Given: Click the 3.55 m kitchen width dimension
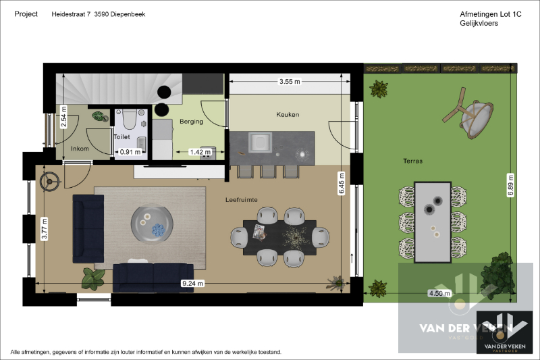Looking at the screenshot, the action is tap(290, 82).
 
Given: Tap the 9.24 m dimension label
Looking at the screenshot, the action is tap(193, 284).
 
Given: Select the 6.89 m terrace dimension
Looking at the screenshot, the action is tap(510, 185).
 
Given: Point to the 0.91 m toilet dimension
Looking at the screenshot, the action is tap(130, 151).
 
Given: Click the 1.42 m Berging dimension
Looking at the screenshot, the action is tap(200, 152).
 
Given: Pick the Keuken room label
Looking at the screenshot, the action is tap(288, 114).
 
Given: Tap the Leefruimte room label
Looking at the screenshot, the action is tap(242, 200).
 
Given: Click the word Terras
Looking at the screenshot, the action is tap(412, 161).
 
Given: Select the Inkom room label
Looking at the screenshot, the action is tap(80, 149).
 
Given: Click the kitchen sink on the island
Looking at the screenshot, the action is tap(260, 142).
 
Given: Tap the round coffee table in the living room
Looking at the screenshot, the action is tap(152, 224).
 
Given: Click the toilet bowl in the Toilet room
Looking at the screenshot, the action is tap(130, 118).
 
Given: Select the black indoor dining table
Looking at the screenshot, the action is tap(279, 238).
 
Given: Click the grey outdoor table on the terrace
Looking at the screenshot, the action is tap(433, 222).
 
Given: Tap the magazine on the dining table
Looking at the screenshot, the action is tap(259, 232).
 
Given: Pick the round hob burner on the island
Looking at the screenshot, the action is tap(302, 155).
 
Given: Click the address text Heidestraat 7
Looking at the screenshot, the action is tap(71, 14).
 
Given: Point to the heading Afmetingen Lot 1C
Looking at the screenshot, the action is tap(491, 14).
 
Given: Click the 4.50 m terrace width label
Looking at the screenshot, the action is tap(439, 294).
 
